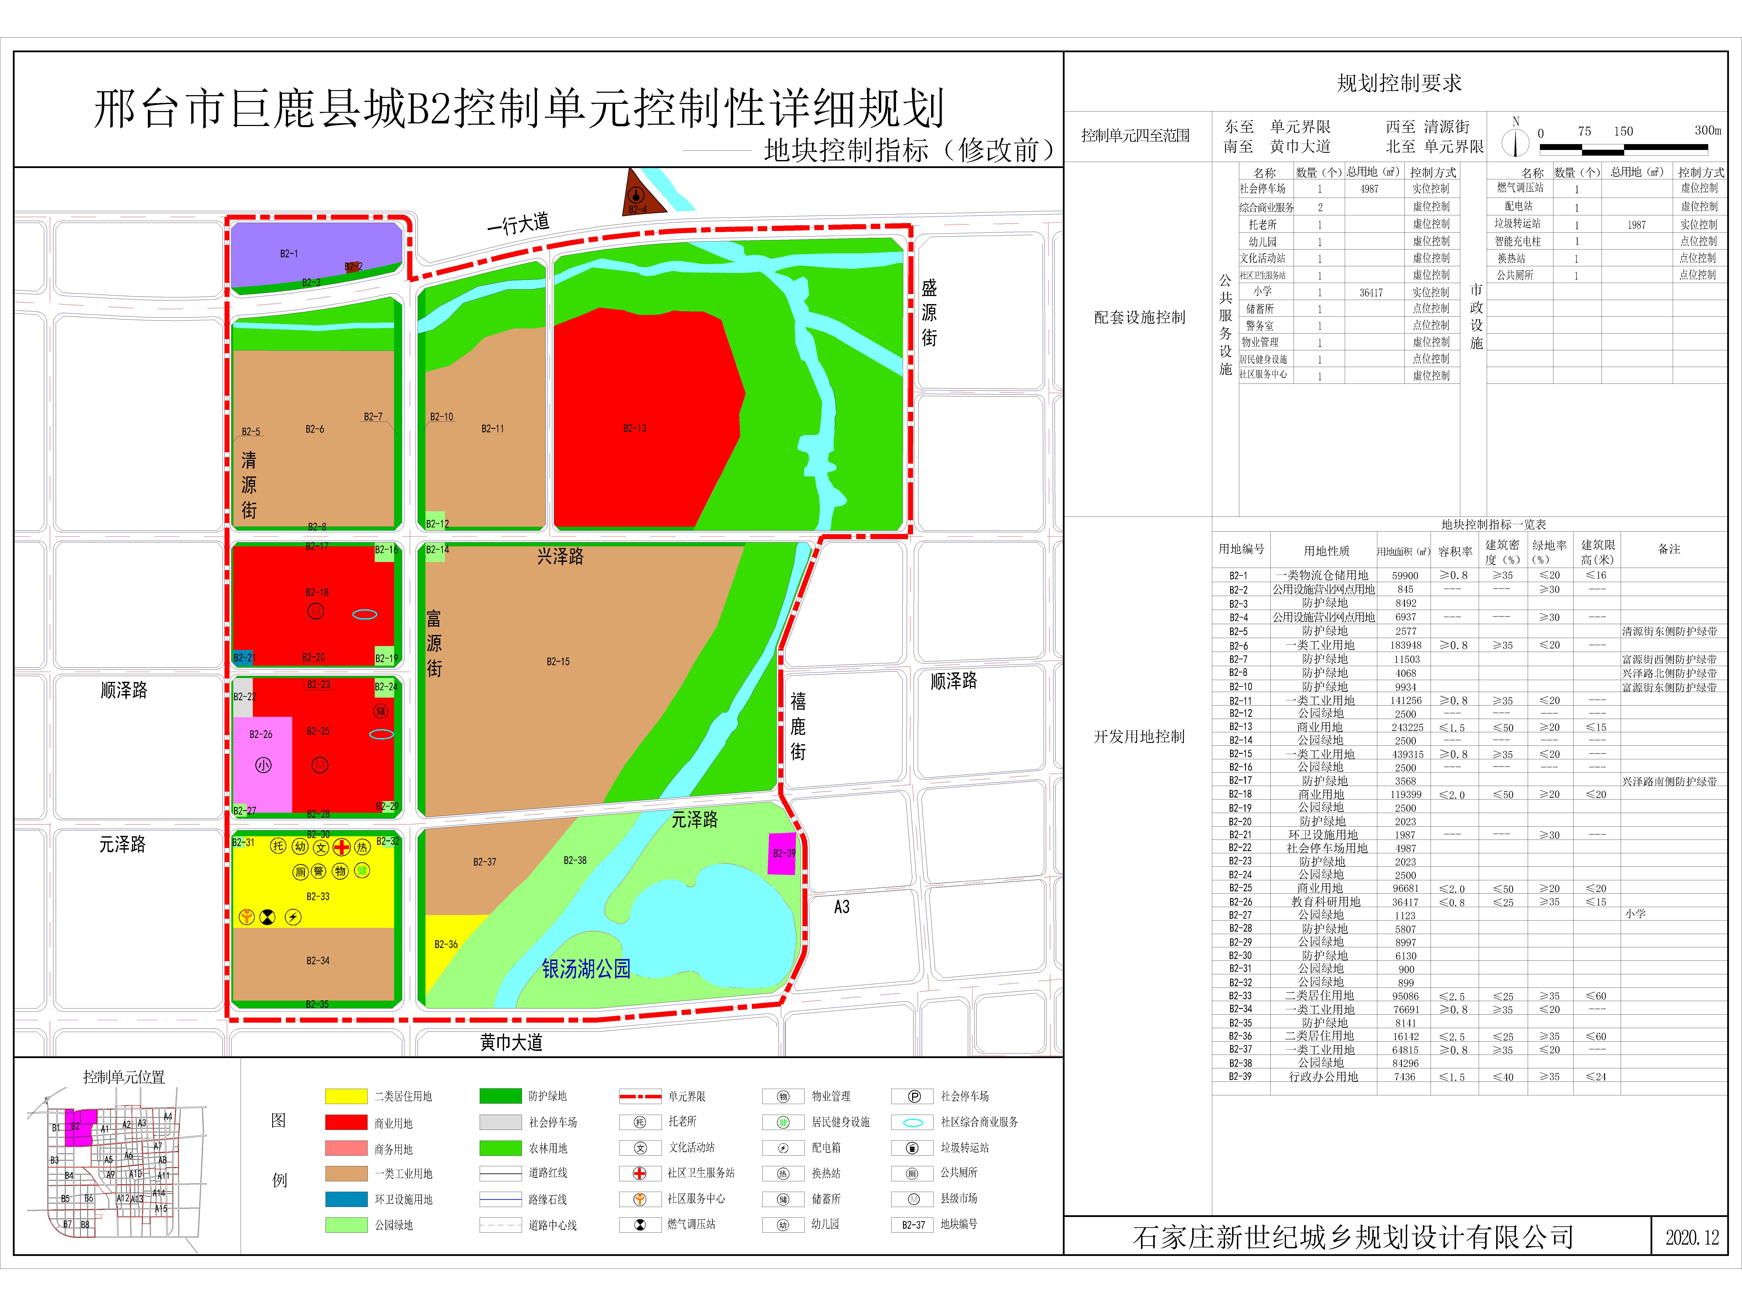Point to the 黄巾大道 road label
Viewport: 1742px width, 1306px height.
click(511, 1042)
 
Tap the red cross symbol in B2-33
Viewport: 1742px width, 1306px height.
click(341, 847)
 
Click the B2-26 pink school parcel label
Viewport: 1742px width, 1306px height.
click(261, 734)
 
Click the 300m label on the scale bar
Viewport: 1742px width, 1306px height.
click(1707, 131)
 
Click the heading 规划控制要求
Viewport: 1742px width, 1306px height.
click(1399, 83)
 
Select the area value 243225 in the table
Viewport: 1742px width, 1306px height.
click(1406, 727)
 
